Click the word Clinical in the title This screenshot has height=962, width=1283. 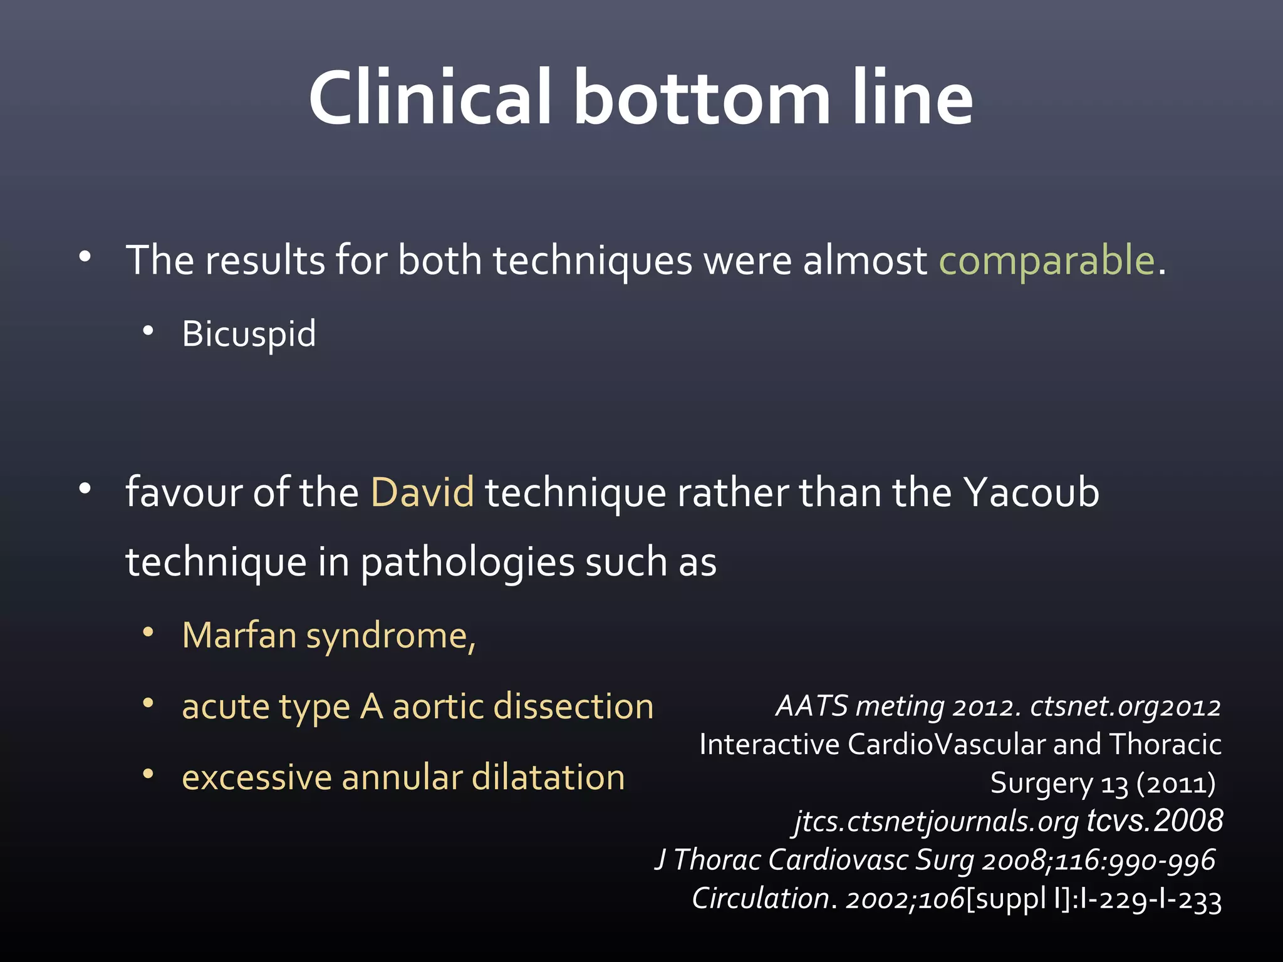(430, 98)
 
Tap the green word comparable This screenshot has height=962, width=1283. (1046, 261)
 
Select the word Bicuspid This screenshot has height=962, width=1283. (249, 334)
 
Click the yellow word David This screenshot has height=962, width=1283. (422, 492)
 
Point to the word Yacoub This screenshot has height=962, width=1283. (1031, 492)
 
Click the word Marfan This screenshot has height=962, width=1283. (239, 636)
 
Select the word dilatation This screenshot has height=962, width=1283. (548, 777)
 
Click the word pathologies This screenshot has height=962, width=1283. (467, 562)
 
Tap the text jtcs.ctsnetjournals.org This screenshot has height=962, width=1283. (936, 822)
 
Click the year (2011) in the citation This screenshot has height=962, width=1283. (1176, 784)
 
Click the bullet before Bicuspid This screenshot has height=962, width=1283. (148, 331)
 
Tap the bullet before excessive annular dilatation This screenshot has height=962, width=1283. (148, 775)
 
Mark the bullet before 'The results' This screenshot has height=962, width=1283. (85, 257)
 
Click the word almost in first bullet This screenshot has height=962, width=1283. (865, 261)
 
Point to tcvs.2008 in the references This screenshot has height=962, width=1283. (1155, 821)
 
